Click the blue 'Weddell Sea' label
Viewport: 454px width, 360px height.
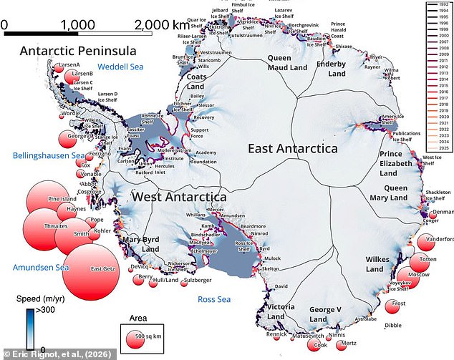(120, 67)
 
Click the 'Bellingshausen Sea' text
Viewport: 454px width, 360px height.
(48, 155)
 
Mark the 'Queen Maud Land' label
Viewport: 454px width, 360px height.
(287, 62)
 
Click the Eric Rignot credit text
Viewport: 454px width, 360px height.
(53, 354)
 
